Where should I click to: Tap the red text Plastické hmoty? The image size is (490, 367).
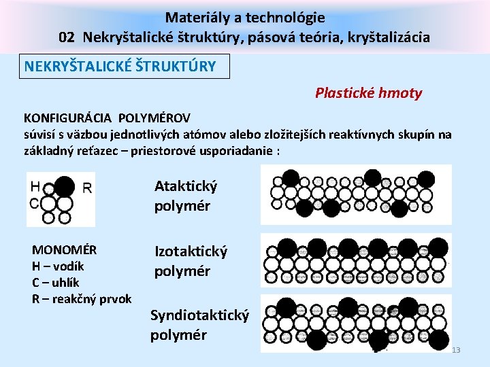click(x=368, y=93)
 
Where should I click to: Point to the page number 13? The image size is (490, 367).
click(x=456, y=350)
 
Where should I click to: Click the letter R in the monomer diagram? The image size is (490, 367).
click(x=87, y=188)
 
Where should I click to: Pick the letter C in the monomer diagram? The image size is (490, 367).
click(x=34, y=203)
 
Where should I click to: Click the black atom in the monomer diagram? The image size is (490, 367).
click(x=65, y=186)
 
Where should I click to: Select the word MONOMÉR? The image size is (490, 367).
click(x=64, y=249)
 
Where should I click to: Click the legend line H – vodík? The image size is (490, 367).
click(x=58, y=266)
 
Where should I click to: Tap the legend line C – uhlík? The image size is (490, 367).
click(x=55, y=282)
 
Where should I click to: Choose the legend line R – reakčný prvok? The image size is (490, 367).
click(x=82, y=298)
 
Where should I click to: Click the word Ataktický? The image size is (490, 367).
click(x=186, y=186)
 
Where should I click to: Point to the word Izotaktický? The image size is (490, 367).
click(x=191, y=251)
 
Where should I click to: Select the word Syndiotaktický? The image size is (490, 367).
click(x=199, y=315)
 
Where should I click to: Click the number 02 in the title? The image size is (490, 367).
click(x=67, y=37)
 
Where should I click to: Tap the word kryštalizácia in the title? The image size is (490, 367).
click(x=390, y=37)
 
